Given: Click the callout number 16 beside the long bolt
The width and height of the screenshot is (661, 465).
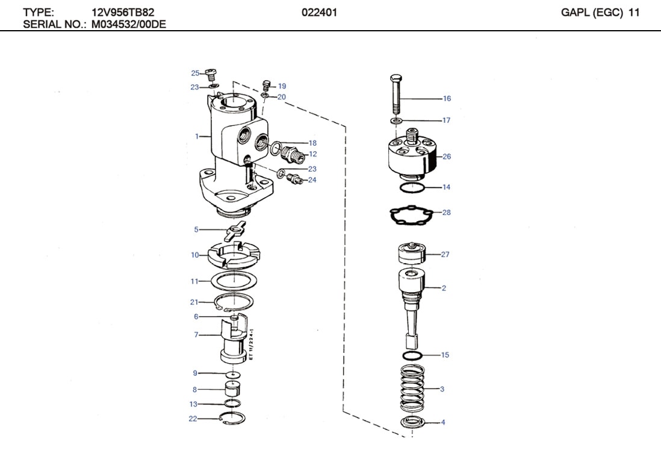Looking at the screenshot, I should coord(447,99).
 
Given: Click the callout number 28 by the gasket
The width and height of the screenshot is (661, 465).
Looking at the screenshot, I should coord(446,213).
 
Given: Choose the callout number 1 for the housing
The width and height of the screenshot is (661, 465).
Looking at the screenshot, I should coord(196,137).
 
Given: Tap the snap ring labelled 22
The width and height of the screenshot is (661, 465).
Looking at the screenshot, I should coord(233,418).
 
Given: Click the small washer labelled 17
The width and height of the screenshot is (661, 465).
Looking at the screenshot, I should coord(396,122).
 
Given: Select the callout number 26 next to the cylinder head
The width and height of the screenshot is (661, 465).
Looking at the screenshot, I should coord(446,157).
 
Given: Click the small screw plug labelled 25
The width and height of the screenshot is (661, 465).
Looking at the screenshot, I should coord(211,75).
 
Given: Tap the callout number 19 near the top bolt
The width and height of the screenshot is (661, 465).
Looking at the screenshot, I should coord(282,86).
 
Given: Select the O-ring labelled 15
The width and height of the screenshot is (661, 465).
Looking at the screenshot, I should coord(412,355).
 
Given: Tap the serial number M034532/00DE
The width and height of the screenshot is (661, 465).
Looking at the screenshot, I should coord(129,25).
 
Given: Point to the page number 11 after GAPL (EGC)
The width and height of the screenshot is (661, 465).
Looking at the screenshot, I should coord(633,11).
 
